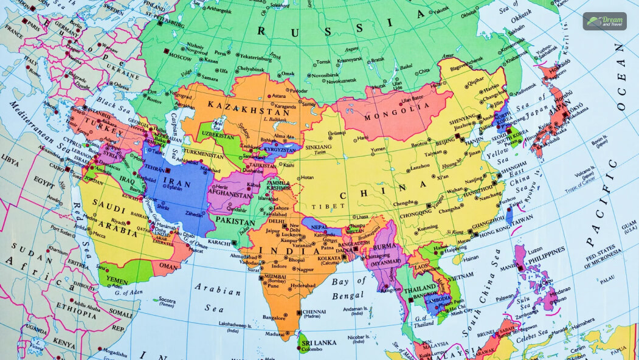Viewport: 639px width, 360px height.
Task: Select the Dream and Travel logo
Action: [604, 21]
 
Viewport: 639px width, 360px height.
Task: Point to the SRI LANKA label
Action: [319, 342]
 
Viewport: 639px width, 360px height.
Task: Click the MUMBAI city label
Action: [276, 277]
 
